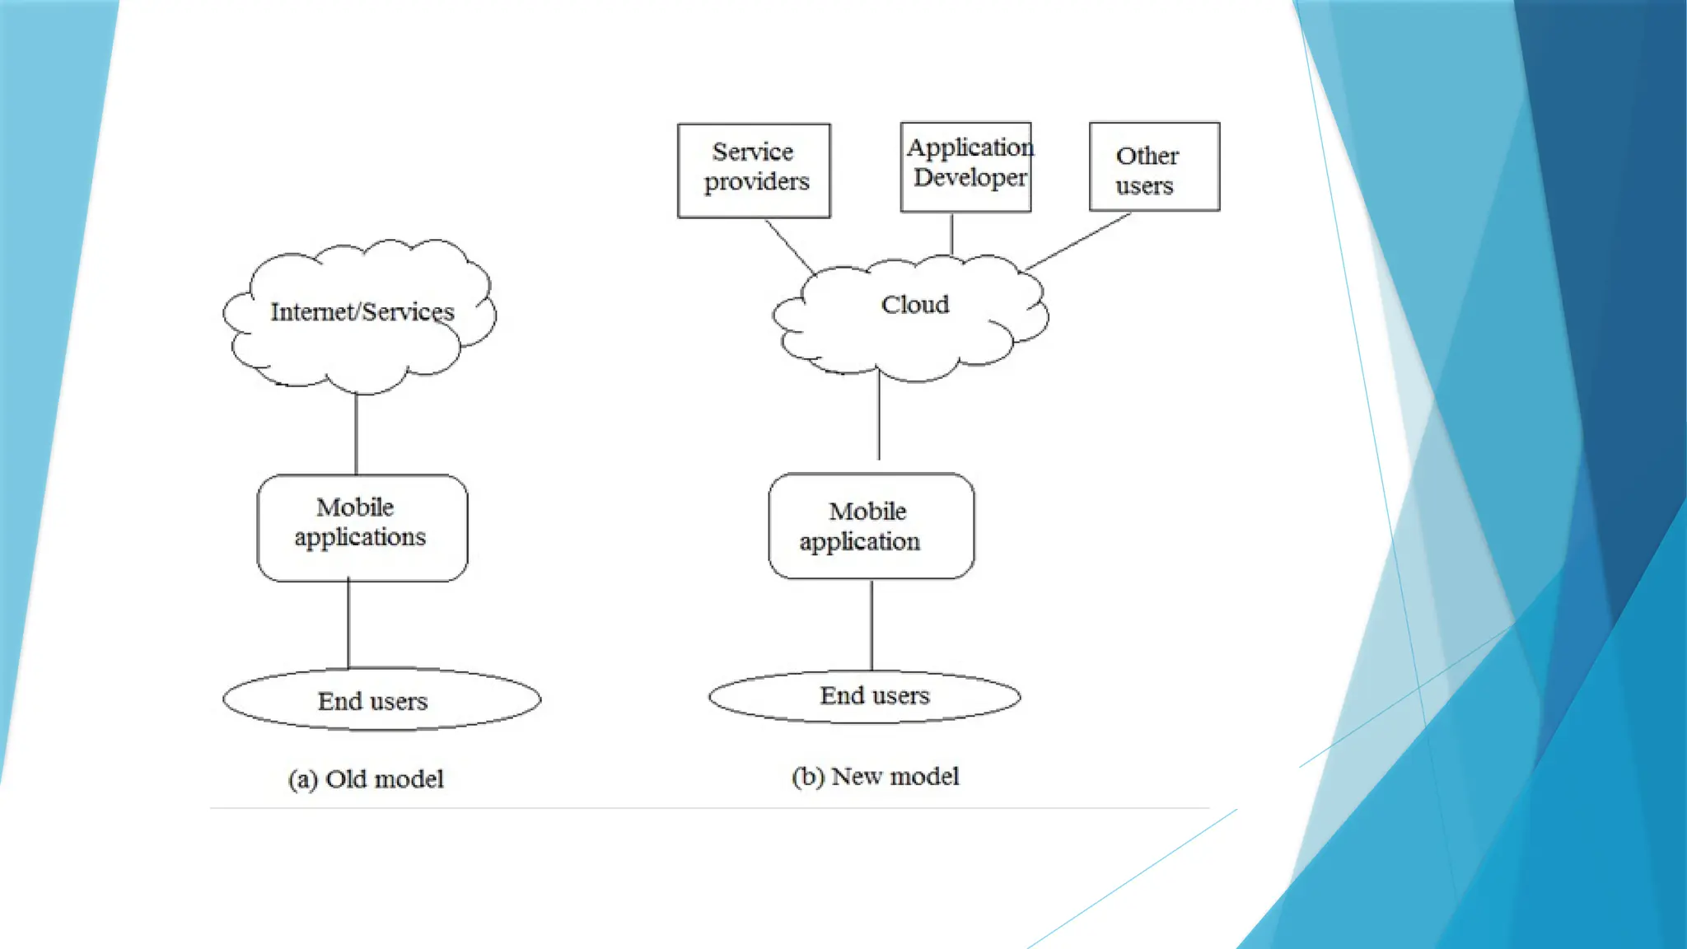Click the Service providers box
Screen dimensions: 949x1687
click(x=754, y=171)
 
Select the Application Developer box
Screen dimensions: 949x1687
click(x=965, y=166)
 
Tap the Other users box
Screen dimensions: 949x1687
click(x=1154, y=166)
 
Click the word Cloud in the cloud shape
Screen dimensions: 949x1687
click(x=914, y=305)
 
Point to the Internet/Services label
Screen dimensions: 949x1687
click(x=362, y=312)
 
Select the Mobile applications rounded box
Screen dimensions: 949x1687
click(x=362, y=527)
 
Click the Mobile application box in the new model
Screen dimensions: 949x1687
click(x=871, y=526)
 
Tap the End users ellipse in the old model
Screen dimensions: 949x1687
click(x=381, y=700)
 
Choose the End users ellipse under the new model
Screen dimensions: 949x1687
click(x=865, y=697)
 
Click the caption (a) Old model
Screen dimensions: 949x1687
click(x=366, y=779)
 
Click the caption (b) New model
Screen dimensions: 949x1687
click(x=875, y=777)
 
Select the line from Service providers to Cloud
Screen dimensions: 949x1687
click(x=790, y=245)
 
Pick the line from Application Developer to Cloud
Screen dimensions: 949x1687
click(x=951, y=234)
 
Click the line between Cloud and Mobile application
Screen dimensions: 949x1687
click(x=879, y=416)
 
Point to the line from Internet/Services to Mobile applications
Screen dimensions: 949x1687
click(x=356, y=434)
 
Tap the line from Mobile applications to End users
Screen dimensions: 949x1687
click(x=348, y=624)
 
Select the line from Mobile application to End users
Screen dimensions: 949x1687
click(x=872, y=624)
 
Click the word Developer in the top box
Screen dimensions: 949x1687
click(x=970, y=178)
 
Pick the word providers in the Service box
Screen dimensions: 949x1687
click(x=756, y=181)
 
